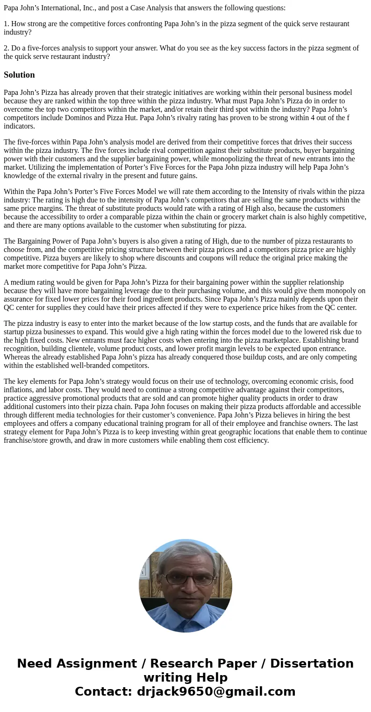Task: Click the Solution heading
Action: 19,75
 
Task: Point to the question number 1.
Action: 6,24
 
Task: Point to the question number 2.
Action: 6,48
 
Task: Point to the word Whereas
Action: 18,357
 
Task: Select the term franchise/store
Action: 29,440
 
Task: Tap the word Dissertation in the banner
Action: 312,663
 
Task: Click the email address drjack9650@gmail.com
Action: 216,691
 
